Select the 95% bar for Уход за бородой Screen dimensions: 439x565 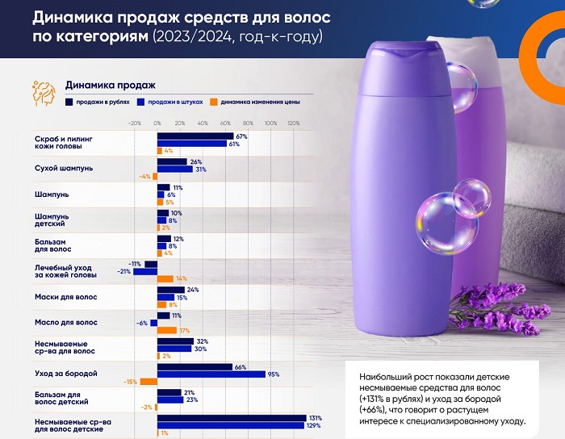[211, 374]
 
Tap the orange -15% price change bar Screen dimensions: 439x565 [149, 382]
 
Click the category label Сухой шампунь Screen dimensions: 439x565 [65, 168]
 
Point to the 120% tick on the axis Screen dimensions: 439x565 [293, 123]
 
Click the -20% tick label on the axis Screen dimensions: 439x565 [134, 123]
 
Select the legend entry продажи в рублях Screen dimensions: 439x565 [101, 102]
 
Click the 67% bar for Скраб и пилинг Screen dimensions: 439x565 [195, 136]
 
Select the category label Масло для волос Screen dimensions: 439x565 [61, 322]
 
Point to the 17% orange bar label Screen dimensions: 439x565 [184, 330]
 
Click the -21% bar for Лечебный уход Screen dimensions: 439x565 [145, 271]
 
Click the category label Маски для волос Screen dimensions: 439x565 [61, 296]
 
